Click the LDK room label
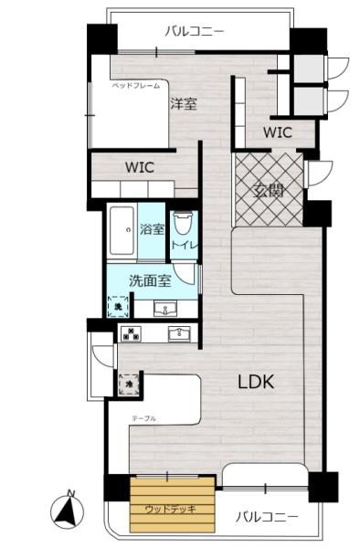point(257,382)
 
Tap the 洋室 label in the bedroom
point(183,104)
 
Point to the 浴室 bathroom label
point(152,229)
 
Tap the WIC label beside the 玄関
point(277,132)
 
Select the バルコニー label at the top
point(194,31)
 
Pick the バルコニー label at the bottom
point(267,517)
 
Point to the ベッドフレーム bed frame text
point(136,85)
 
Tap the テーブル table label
point(143,417)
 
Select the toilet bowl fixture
point(183,223)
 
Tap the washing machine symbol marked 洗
point(119,307)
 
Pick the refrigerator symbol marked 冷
point(128,385)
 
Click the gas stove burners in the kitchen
point(130,332)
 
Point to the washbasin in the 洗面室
point(165,307)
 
